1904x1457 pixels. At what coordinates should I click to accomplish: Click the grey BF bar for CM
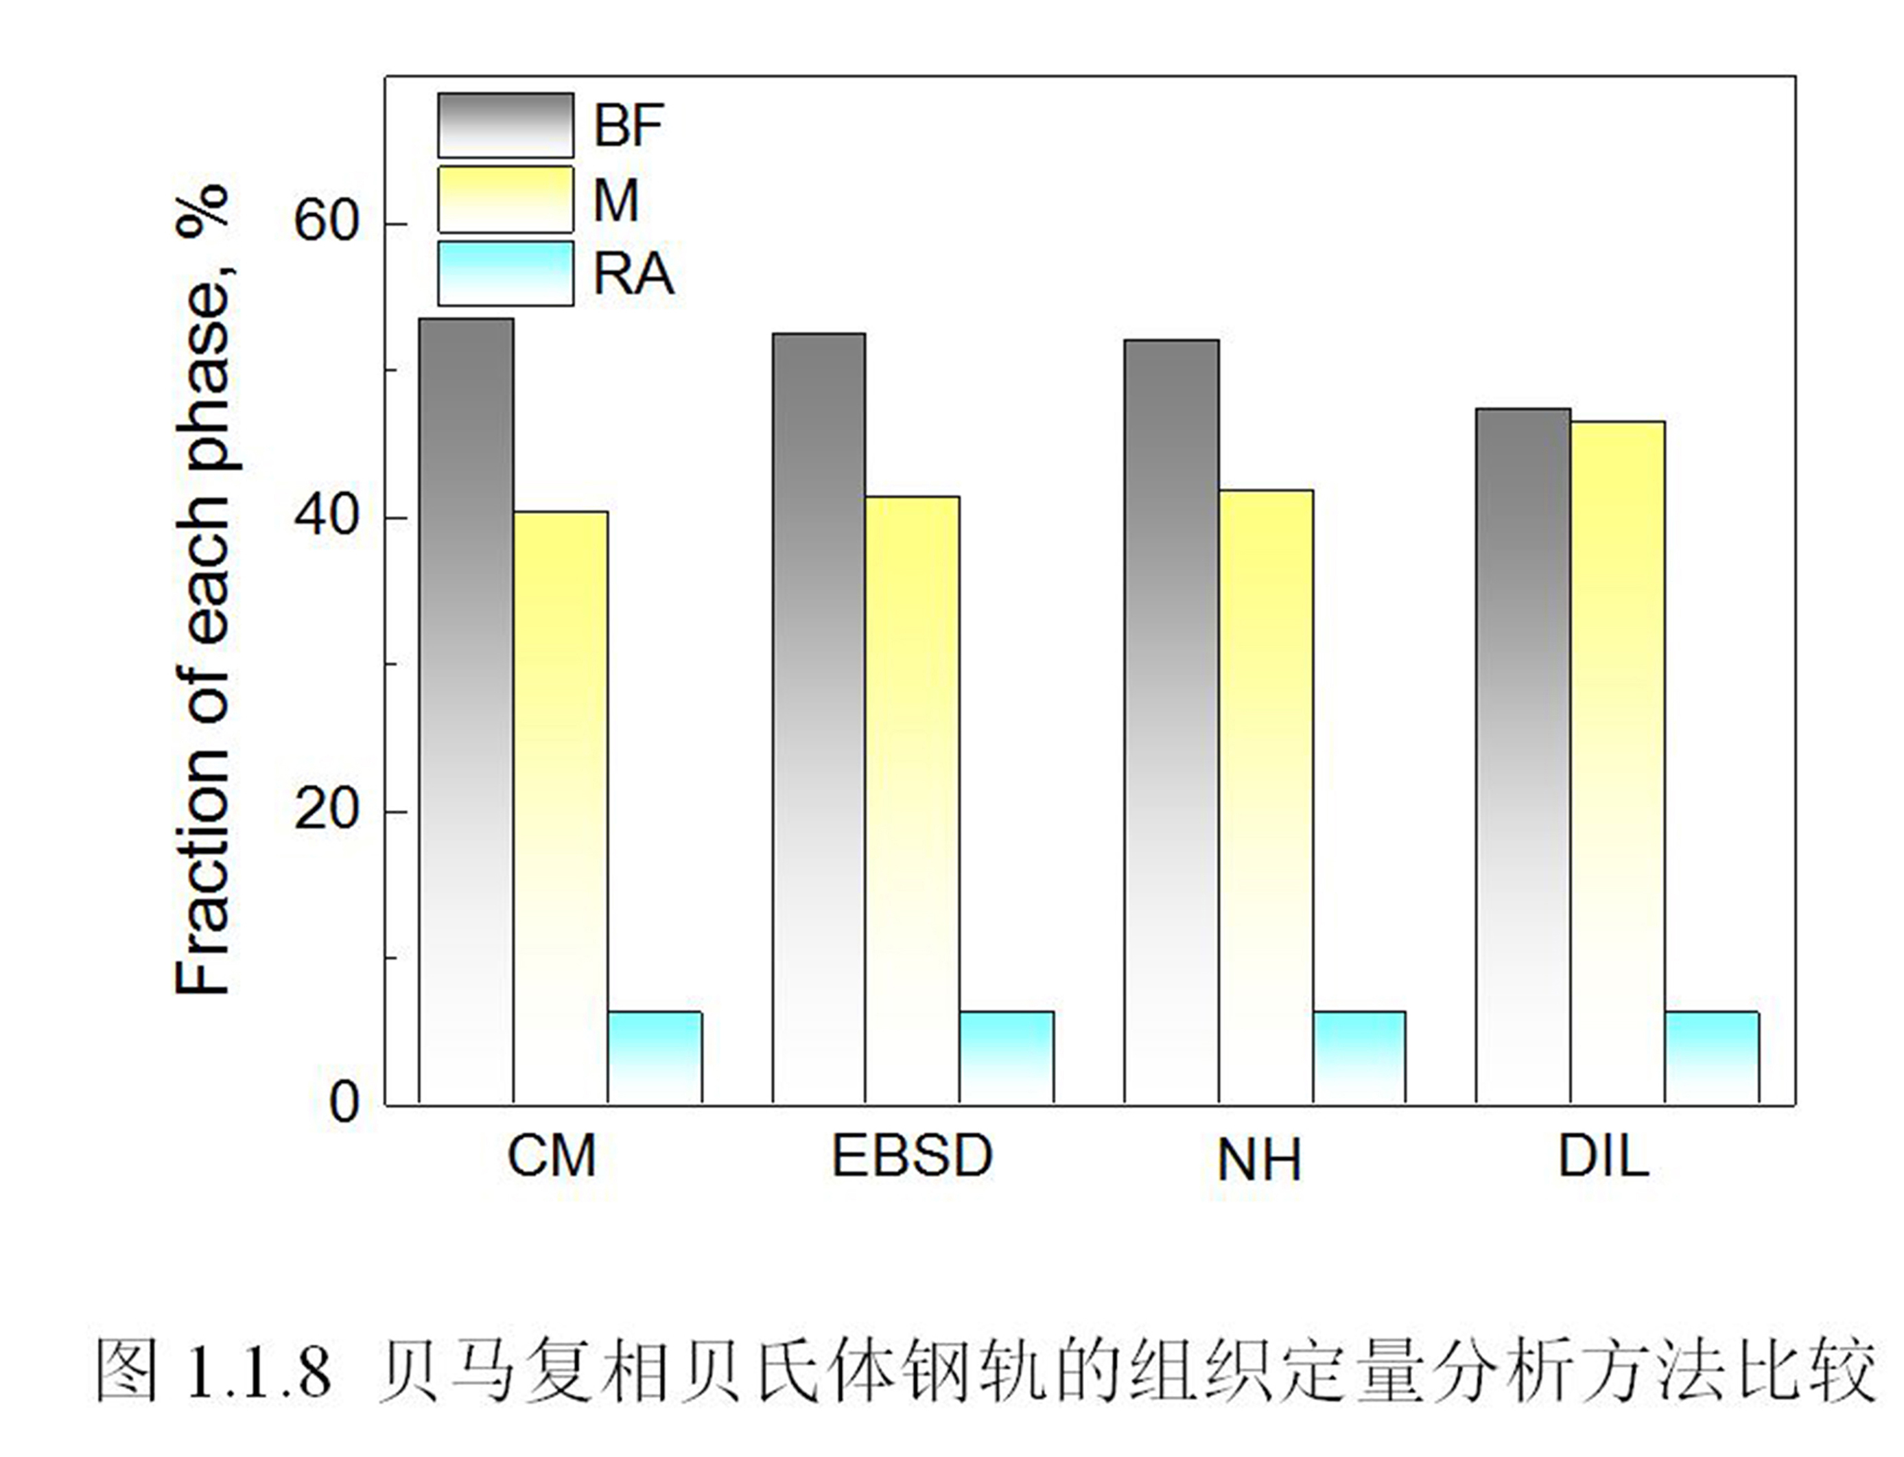pyautogui.click(x=466, y=710)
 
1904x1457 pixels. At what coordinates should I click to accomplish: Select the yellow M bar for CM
pyautogui.click(x=560, y=806)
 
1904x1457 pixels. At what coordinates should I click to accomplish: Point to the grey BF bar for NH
pyautogui.click(x=1171, y=721)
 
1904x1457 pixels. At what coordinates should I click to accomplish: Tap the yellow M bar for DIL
pyautogui.click(x=1618, y=762)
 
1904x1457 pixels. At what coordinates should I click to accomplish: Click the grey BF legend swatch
pyautogui.click(x=506, y=125)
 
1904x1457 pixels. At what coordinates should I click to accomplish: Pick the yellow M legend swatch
pyautogui.click(x=506, y=200)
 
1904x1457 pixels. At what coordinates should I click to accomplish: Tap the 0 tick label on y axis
pyautogui.click(x=343, y=1103)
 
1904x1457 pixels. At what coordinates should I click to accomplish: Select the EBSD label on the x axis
pyautogui.click(x=911, y=1156)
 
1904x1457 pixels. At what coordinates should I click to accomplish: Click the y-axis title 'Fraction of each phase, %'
pyautogui.click(x=204, y=590)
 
